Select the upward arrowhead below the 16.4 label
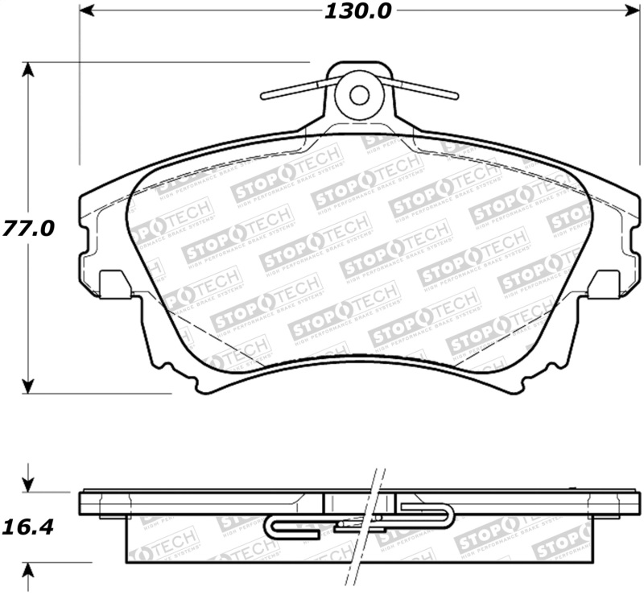[29, 571]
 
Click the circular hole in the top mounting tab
[359, 94]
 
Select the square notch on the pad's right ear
[604, 283]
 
